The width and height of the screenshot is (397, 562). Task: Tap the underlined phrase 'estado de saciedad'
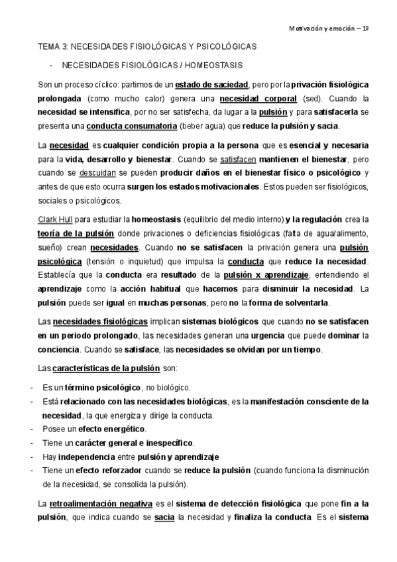point(211,85)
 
